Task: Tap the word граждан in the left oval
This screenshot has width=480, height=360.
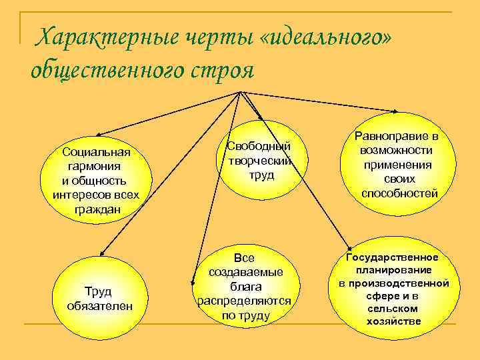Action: [x=95, y=209]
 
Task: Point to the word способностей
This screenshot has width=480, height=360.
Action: [x=399, y=194]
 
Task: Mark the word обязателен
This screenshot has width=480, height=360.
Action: [x=100, y=305]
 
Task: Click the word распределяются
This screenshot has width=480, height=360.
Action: [x=244, y=301]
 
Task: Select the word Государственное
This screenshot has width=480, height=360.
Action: [x=393, y=257]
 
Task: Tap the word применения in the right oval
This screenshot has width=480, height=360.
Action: [x=399, y=165]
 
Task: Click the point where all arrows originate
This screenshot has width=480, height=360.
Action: [x=239, y=91]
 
